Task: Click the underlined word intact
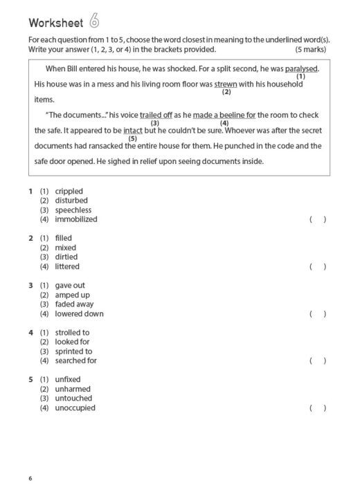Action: pos(133,130)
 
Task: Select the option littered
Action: pos(67,266)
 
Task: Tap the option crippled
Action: pos(69,191)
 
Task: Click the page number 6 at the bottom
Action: pos(30,479)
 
